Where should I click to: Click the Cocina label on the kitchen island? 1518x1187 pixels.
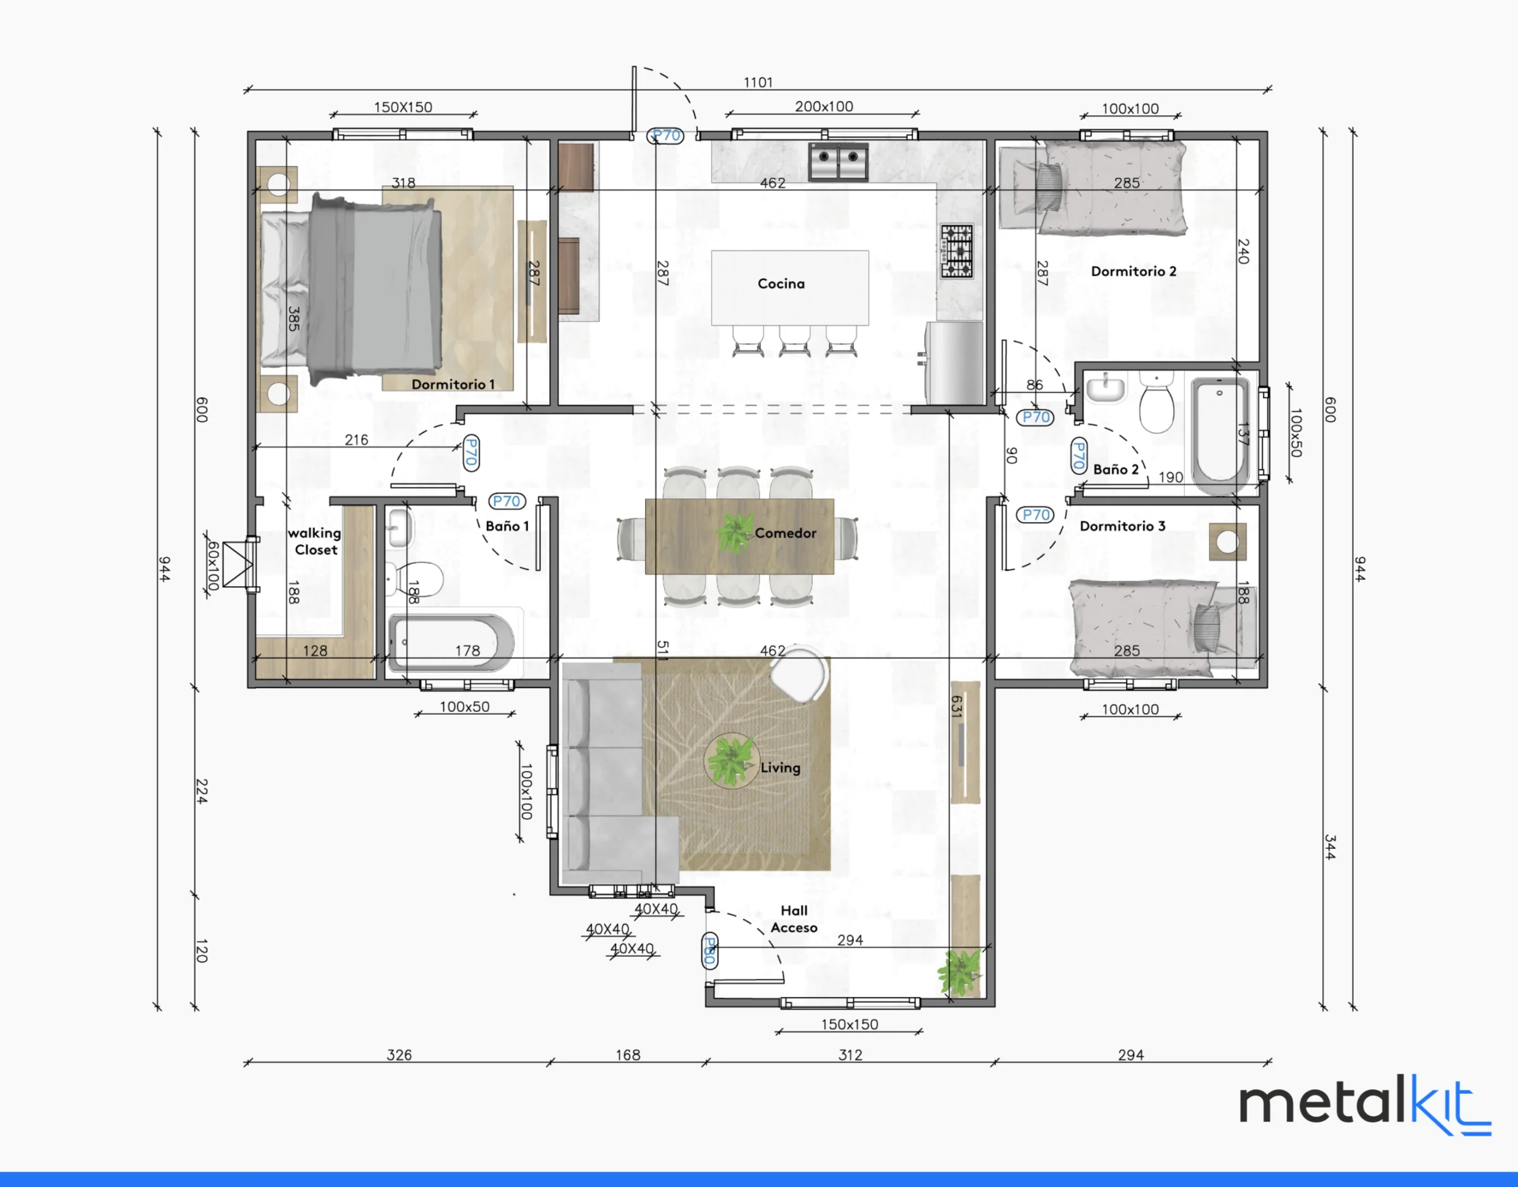coord(782,284)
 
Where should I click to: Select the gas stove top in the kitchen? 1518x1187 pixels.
coord(957,251)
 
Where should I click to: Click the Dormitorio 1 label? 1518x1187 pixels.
coord(453,384)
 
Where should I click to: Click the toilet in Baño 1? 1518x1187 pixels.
coord(416,578)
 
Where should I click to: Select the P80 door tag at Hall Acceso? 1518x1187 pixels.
coord(709,950)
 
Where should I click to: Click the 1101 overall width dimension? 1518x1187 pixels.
coord(758,82)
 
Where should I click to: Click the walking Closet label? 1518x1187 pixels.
coord(315,541)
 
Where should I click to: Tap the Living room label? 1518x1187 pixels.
coord(780,767)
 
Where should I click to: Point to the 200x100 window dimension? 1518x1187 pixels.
coord(824,106)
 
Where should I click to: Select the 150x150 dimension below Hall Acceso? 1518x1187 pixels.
coord(849,1024)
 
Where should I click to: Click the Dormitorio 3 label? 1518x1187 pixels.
coord(1122,526)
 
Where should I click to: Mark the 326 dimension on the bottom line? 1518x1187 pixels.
coord(399,1055)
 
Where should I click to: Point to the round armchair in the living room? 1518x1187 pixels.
coord(801,673)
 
